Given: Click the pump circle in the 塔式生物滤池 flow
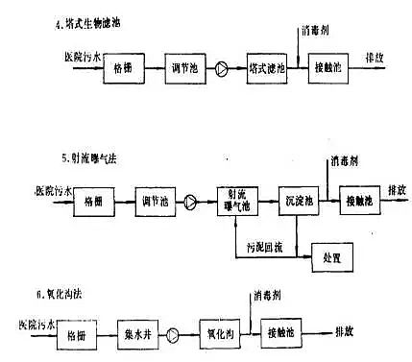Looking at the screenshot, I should [223, 70].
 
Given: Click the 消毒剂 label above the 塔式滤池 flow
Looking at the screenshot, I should [318, 31].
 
